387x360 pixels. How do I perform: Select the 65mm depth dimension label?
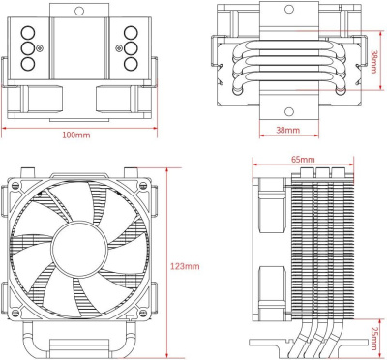(302, 159)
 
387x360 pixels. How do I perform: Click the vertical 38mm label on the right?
(373, 64)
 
